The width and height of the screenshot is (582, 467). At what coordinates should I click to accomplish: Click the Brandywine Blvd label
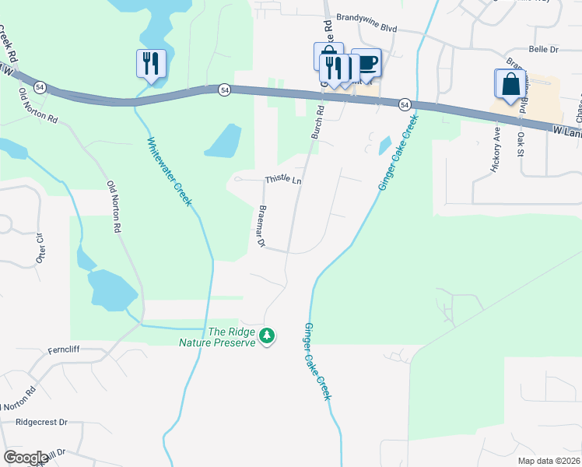tap(366, 27)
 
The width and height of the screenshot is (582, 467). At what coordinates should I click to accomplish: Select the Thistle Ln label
tap(283, 180)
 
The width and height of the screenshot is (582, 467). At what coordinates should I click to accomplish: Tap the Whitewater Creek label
tap(170, 171)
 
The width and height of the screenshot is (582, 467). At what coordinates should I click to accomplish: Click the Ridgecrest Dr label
tap(41, 422)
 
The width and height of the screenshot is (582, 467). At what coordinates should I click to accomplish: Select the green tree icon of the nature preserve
tap(268, 336)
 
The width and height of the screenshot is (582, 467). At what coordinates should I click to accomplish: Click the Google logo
tap(26, 458)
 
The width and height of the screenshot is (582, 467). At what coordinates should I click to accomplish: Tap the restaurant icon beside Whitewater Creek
tap(151, 63)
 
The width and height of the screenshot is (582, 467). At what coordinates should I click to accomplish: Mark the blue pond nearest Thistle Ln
tap(225, 140)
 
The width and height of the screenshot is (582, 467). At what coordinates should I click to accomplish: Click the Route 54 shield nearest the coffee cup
tap(405, 104)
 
